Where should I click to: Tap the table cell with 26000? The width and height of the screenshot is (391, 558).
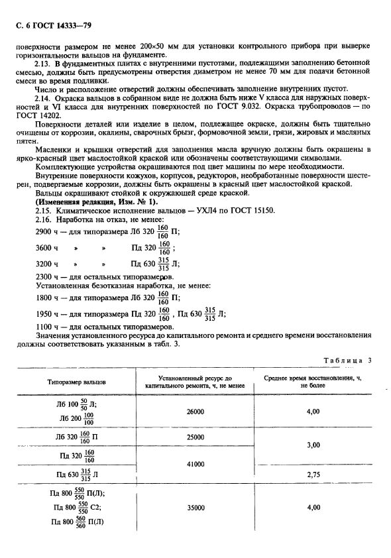[195, 412]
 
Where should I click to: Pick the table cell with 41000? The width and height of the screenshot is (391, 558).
[195, 464]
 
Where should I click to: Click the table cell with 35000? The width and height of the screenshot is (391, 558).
[195, 508]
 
